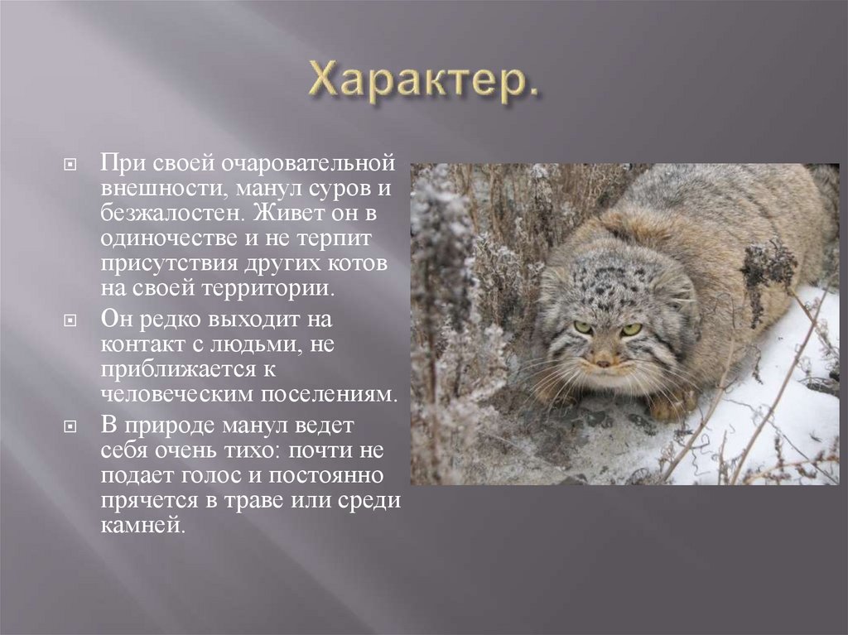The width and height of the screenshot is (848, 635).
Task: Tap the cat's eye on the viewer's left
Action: pyautogui.click(x=582, y=327)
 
